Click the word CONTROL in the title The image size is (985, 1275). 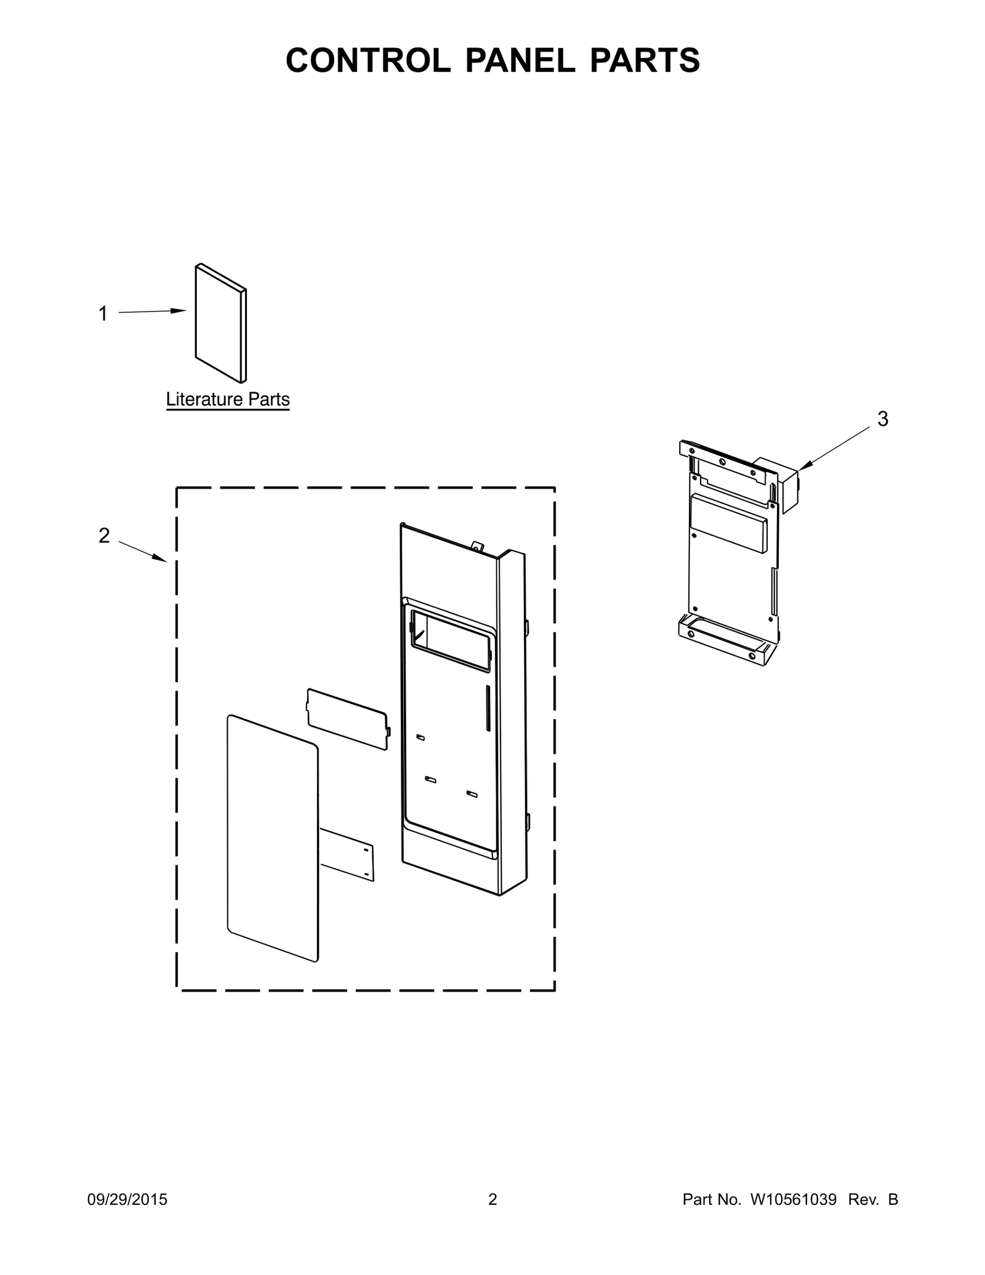pyautogui.click(x=368, y=60)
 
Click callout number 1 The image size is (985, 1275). pyautogui.click(x=103, y=314)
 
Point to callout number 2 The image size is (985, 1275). pyautogui.click(x=104, y=536)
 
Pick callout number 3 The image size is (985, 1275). pyautogui.click(x=883, y=419)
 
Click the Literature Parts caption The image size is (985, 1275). pyautogui.click(x=228, y=400)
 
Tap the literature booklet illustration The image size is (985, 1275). pyautogui.click(x=221, y=323)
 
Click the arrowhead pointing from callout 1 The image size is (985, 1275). pyautogui.click(x=179, y=311)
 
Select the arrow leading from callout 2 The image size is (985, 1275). pyautogui.click(x=142, y=552)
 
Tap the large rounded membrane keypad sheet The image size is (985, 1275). pyautogui.click(x=273, y=838)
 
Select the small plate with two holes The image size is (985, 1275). pyautogui.click(x=347, y=855)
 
